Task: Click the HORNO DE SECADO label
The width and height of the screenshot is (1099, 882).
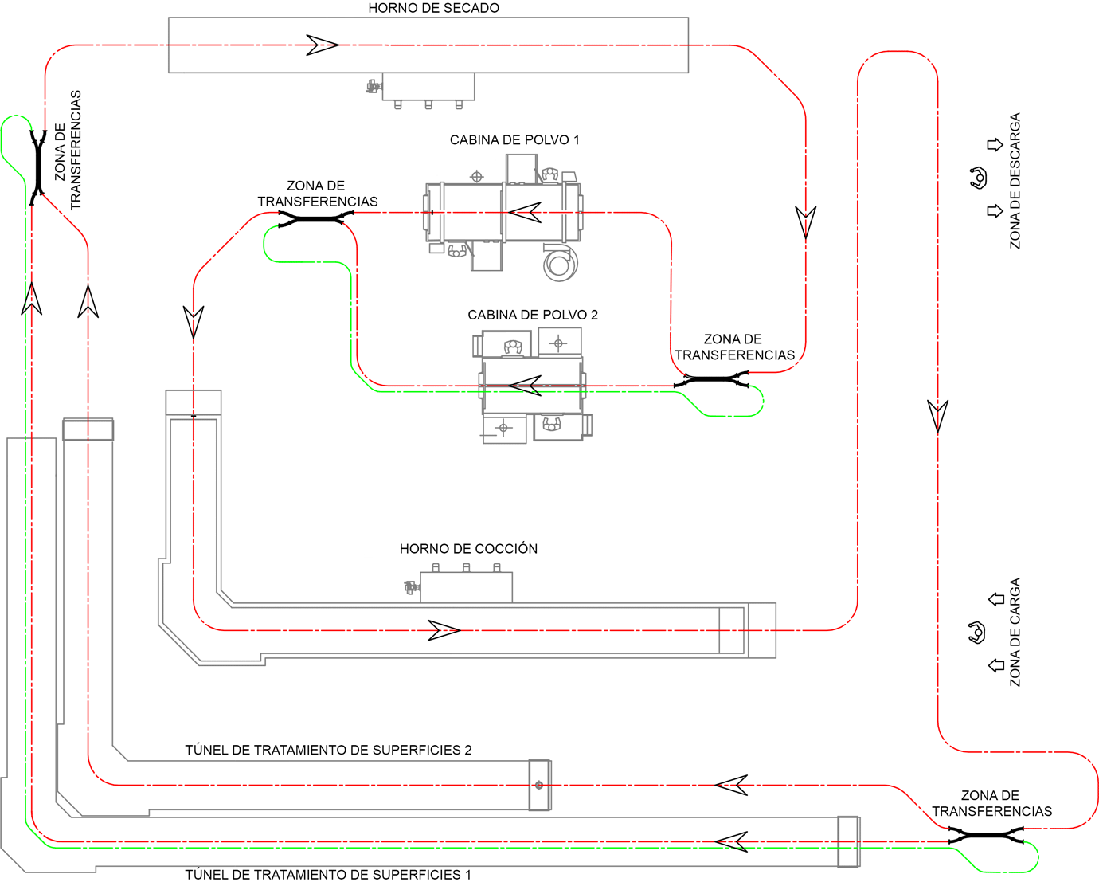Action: (x=433, y=8)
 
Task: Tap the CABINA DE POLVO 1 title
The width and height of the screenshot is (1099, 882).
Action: (x=514, y=140)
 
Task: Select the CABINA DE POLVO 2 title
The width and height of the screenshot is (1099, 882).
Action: (x=533, y=315)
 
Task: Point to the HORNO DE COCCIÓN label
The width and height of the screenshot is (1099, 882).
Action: (x=468, y=549)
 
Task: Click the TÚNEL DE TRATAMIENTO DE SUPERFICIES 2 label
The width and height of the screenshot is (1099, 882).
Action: (x=328, y=751)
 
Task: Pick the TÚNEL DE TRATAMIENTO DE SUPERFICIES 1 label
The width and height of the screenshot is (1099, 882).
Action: (x=328, y=875)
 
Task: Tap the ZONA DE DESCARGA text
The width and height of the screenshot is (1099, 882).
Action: (x=1015, y=181)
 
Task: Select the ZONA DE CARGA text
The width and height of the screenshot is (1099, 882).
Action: (x=1015, y=632)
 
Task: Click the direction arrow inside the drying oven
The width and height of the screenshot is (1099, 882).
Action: (x=322, y=45)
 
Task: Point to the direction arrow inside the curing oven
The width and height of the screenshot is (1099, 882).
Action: (x=444, y=630)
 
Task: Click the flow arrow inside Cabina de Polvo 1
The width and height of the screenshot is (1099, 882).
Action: (x=525, y=213)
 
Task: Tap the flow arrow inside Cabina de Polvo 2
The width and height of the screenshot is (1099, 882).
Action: (x=525, y=386)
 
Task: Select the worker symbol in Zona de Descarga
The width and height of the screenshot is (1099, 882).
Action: (x=978, y=178)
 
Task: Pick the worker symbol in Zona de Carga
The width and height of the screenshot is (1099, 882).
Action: (x=976, y=633)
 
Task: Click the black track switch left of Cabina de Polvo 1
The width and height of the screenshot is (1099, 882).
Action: (x=316, y=219)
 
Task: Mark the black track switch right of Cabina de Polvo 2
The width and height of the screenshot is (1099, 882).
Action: (x=711, y=380)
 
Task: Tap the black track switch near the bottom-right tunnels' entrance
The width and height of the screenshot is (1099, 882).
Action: (x=986, y=835)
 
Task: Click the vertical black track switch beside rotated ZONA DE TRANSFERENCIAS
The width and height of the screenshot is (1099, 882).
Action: (x=38, y=167)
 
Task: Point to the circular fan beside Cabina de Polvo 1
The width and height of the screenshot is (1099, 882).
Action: (x=560, y=265)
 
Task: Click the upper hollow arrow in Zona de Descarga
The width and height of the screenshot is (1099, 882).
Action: (x=995, y=145)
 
